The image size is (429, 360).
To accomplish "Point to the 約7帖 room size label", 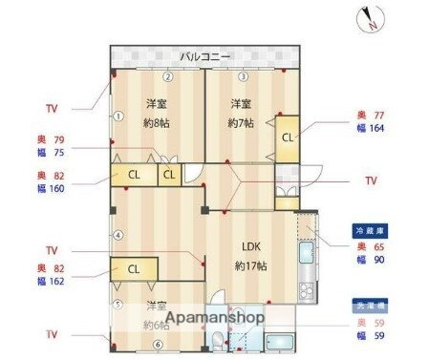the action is click(242, 123).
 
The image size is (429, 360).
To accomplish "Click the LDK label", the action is click(251, 245).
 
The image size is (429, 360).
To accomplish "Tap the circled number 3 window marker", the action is click(243, 77).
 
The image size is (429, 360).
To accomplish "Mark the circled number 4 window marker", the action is click(118, 234).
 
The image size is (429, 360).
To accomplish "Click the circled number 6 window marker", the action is click(159, 344).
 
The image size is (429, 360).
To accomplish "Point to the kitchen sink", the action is click(307, 253).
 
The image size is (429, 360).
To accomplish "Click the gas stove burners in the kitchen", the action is click(307, 286).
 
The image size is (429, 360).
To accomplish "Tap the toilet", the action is click(219, 338).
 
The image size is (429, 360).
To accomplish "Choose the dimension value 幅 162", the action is click(52, 283).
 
